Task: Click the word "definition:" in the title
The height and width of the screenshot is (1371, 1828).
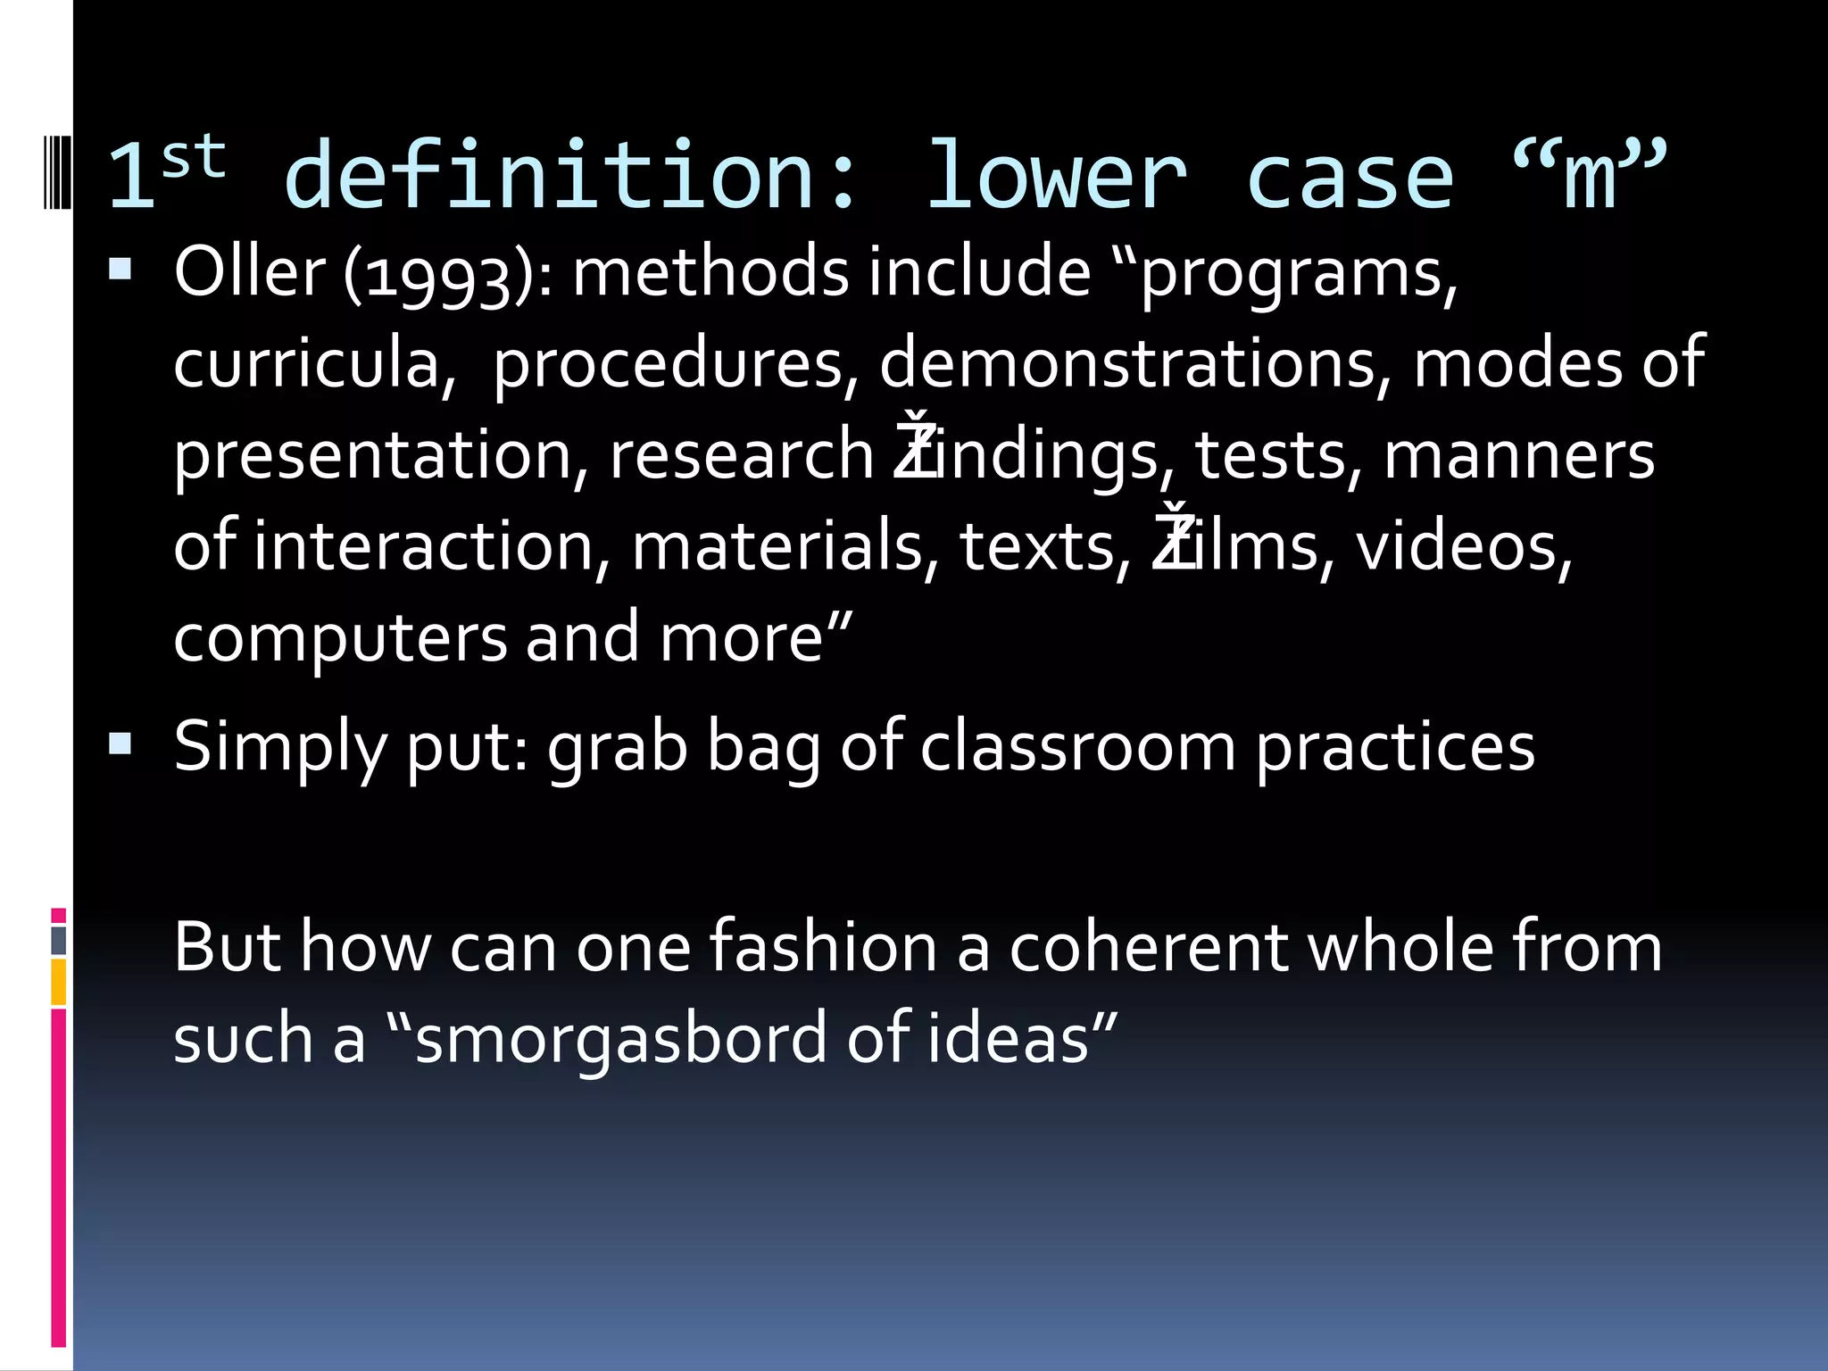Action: [x=571, y=176]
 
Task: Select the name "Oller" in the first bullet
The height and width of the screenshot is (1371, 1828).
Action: [x=250, y=271]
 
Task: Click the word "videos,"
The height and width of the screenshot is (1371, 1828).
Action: [x=1464, y=546]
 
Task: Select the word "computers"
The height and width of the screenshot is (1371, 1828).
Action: [x=340, y=638]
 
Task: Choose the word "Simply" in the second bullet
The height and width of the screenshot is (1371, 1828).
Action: [x=279, y=747]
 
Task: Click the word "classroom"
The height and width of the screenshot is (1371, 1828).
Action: [x=1078, y=747]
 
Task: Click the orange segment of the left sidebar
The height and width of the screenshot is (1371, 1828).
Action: [x=59, y=981]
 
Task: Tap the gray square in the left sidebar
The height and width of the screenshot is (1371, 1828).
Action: [x=59, y=941]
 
